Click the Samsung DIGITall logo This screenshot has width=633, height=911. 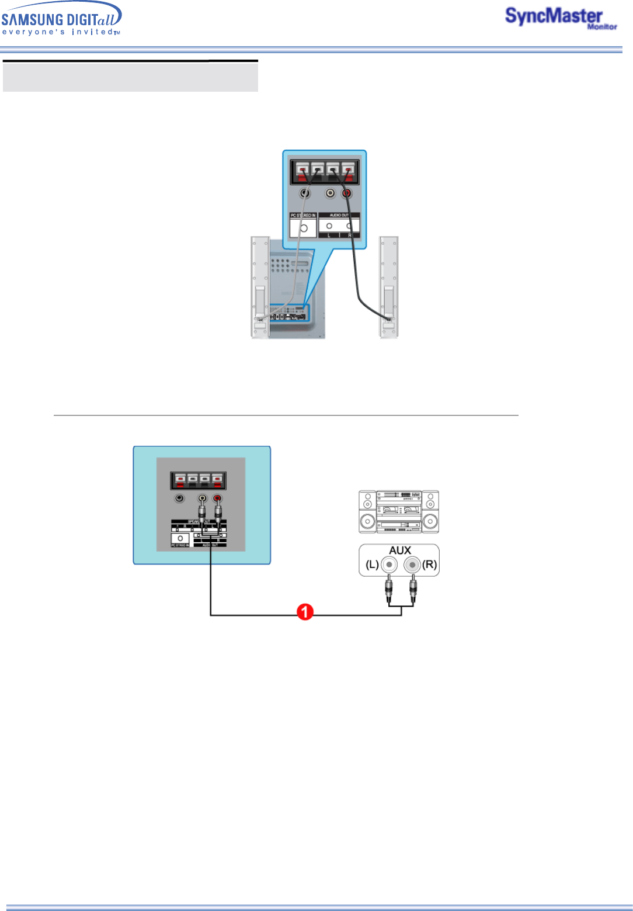click(x=61, y=19)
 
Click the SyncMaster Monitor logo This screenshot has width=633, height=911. click(x=559, y=18)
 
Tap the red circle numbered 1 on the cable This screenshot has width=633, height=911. click(x=305, y=612)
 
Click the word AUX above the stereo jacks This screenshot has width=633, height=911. click(x=400, y=550)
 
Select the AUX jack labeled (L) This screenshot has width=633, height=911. click(x=389, y=565)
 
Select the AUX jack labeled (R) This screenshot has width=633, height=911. click(x=412, y=565)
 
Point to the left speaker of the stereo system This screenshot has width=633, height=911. click(x=367, y=511)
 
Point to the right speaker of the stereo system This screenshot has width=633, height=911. click(x=430, y=511)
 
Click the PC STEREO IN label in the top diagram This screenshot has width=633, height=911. click(x=303, y=216)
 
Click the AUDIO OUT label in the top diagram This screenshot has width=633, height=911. click(x=339, y=216)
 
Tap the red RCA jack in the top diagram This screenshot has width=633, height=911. click(x=347, y=193)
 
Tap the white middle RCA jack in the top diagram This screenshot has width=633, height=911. click(x=331, y=193)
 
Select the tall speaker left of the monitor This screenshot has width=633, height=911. click(x=260, y=286)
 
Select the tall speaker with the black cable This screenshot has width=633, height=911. click(x=389, y=286)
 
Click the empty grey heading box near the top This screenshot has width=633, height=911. click(x=130, y=77)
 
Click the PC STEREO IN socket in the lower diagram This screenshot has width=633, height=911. click(x=180, y=538)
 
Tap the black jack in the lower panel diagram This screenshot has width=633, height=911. click(x=180, y=498)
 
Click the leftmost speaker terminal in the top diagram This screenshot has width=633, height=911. click(x=302, y=171)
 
